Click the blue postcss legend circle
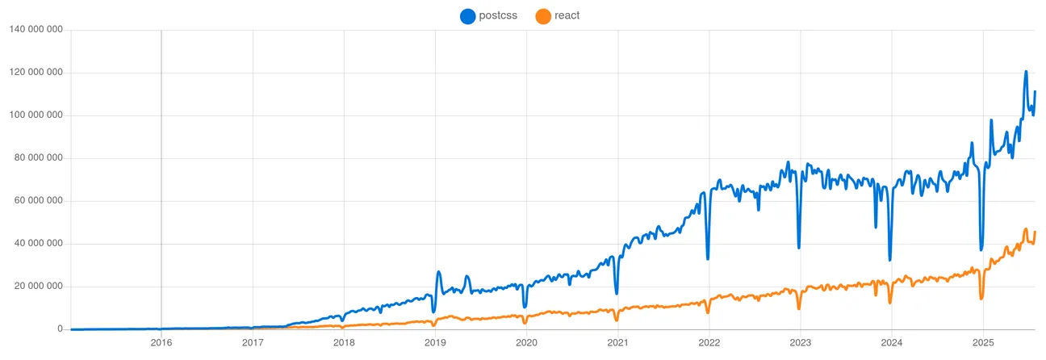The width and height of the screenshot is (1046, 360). [x=468, y=15]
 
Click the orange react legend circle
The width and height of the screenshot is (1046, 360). [x=543, y=15]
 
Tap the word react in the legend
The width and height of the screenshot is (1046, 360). [x=567, y=15]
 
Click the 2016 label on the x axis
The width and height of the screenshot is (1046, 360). [x=161, y=342]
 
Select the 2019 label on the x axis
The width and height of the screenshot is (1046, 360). [x=435, y=342]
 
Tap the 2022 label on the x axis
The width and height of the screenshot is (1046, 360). [x=709, y=342]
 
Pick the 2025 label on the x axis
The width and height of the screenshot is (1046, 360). [x=983, y=342]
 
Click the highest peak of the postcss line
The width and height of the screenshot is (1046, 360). [x=1026, y=72]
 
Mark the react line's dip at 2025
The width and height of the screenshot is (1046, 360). [x=981, y=299]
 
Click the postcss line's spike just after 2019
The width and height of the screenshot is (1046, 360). [x=438, y=272]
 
